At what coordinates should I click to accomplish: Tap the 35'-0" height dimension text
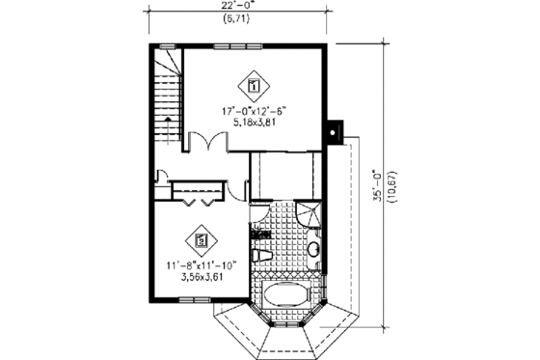(377, 184)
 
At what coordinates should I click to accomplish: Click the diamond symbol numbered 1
(255, 86)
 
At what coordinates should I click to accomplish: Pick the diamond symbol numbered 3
(200, 238)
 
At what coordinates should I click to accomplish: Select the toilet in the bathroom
(262, 256)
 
